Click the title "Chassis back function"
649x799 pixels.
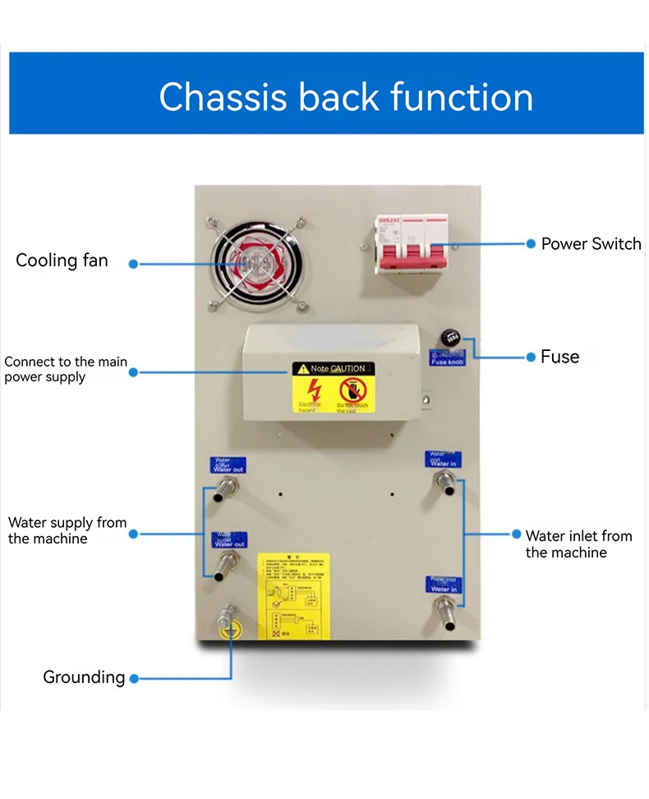pos(346,96)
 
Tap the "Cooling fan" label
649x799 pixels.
pos(62,261)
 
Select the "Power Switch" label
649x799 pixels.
pos(591,243)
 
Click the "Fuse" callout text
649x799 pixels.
pos(559,357)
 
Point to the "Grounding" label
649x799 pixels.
pos(84,677)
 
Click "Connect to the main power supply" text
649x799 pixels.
pos(66,369)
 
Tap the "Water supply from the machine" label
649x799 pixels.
pos(67,530)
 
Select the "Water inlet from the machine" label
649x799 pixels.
pos(578,544)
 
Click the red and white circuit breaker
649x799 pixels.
pos(412,245)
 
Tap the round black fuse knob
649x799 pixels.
pos(449,337)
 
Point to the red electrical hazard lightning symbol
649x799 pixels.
pos(313,390)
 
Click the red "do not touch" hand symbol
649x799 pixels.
pos(353,390)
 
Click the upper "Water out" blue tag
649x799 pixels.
pos(228,465)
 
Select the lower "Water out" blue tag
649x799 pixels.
pos(229,540)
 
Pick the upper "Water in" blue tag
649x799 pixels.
pos(443,460)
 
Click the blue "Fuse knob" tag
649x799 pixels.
pos(448,358)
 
